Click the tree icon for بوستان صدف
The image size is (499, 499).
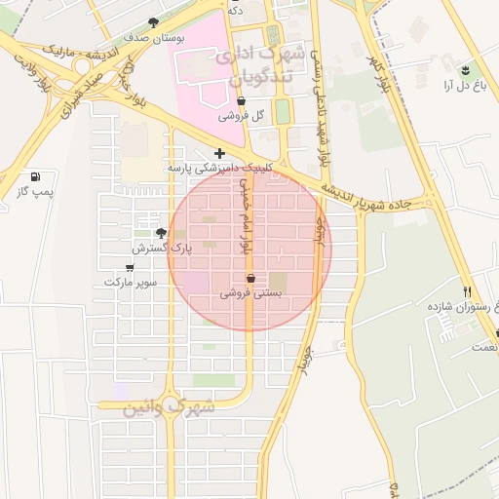(x=153, y=21)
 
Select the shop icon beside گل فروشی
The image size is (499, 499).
(x=241, y=100)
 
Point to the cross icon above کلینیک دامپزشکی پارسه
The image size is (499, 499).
(x=219, y=153)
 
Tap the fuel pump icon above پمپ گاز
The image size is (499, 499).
(x=36, y=177)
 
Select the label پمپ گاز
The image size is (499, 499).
(x=35, y=192)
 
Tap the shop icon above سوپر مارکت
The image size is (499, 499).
(x=131, y=266)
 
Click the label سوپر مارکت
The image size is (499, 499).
(x=131, y=282)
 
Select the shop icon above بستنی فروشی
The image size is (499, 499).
(x=251, y=278)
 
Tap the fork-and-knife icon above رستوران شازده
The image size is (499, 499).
(x=467, y=291)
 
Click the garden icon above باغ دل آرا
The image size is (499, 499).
(x=465, y=70)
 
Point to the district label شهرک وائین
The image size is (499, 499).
(x=168, y=409)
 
